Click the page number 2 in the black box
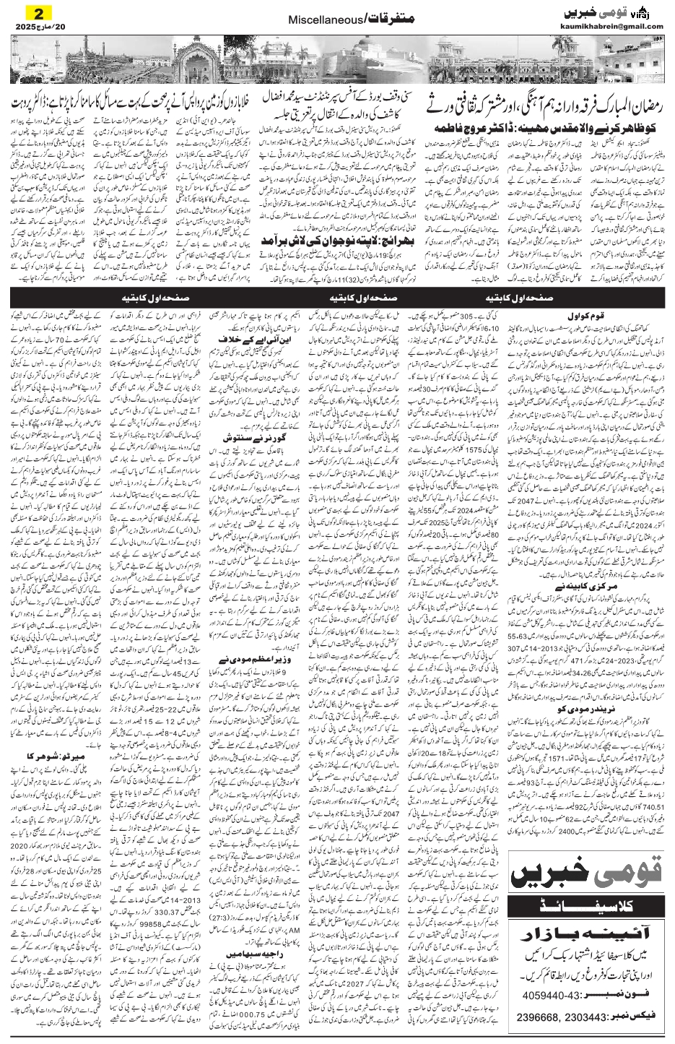click(x=36, y=12)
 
